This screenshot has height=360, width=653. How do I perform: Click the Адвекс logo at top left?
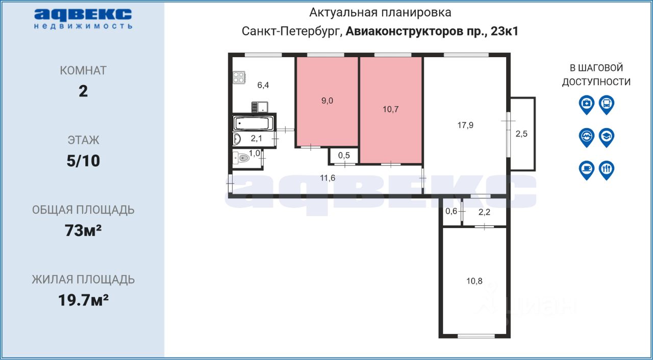click(83, 18)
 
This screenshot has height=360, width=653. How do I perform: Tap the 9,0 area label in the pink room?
click(327, 100)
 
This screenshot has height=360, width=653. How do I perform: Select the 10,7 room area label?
click(391, 109)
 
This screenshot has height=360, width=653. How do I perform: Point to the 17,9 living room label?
click(465, 125)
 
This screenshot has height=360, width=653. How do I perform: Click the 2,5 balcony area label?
click(521, 134)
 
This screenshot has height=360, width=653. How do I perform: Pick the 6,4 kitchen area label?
click(263, 85)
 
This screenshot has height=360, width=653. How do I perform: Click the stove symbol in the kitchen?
click(239, 78)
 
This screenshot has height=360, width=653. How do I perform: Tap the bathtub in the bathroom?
click(253, 123)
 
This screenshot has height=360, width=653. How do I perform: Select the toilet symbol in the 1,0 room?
click(241, 159)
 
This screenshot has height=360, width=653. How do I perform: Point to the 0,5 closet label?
click(344, 156)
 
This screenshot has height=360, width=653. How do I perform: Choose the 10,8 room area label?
click(474, 280)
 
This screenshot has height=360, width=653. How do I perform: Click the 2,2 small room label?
click(484, 212)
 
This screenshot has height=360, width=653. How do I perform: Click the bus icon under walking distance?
click(606, 104)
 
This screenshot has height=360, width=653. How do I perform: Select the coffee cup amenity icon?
click(587, 170)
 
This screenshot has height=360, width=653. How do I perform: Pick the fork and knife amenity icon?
click(606, 170)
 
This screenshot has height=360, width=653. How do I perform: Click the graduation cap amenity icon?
click(606, 137)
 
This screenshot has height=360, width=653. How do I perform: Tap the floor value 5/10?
click(83, 161)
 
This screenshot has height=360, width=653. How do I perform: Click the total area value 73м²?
click(83, 230)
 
